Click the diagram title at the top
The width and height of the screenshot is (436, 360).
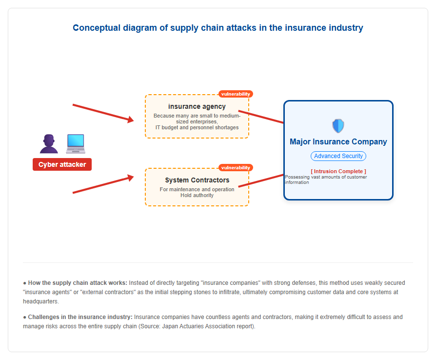218,28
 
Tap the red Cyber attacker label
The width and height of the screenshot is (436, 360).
62,164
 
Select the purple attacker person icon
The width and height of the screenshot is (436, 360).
49,144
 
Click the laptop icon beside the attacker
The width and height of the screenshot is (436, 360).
76,144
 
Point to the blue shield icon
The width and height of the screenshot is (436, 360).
338,126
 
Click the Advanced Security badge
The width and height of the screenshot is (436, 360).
338,156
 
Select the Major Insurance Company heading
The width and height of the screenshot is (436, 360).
338,141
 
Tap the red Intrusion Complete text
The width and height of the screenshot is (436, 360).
338,171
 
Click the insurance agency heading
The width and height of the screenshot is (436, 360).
197,106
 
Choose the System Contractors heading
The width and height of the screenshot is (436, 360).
197,180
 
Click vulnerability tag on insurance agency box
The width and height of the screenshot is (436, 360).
236,94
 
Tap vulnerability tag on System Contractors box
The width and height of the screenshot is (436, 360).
236,167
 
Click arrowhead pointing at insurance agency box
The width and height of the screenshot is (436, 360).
131,120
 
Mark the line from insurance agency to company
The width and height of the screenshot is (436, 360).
261,117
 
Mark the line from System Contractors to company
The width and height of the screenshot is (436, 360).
261,180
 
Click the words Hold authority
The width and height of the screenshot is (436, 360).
197,195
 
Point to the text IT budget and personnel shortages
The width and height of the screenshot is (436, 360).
197,127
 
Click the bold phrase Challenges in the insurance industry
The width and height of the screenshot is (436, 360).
80,317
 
